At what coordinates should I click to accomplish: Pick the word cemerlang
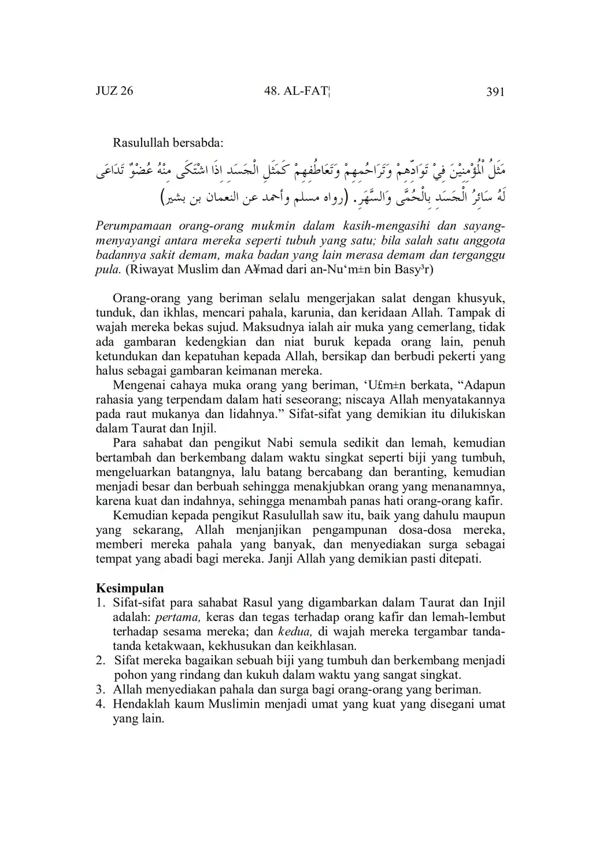(x=442, y=328)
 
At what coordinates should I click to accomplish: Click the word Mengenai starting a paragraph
(x=139, y=385)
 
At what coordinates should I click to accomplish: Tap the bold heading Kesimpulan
(x=129, y=589)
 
